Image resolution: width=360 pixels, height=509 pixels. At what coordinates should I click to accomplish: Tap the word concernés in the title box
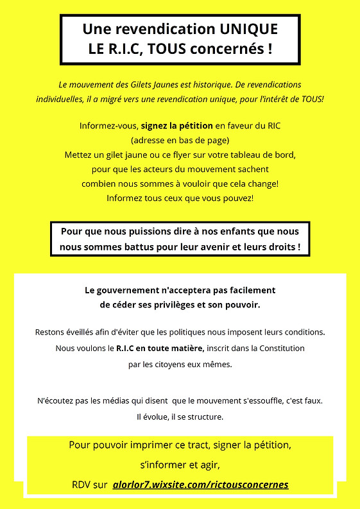pos(226,49)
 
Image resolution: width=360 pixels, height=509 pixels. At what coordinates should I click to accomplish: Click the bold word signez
pos(155,126)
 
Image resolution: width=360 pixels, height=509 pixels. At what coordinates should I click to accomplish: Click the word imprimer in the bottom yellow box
pos(153,445)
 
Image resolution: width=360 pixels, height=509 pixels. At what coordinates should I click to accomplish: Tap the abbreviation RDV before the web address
pos(83,485)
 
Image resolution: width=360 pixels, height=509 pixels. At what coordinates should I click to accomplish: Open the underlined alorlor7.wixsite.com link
pos(200,485)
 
